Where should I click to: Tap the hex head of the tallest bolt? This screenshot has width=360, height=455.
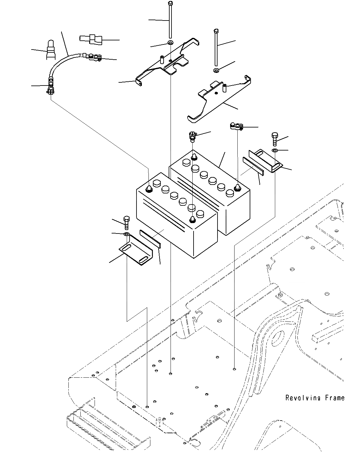[x=171, y=3]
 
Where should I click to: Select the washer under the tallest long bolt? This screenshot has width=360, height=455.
[x=171, y=43]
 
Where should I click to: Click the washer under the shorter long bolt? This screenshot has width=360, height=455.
[x=216, y=70]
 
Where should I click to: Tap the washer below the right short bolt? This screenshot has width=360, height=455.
[x=275, y=150]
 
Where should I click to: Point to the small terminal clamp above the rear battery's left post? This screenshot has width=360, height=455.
[x=192, y=136]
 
